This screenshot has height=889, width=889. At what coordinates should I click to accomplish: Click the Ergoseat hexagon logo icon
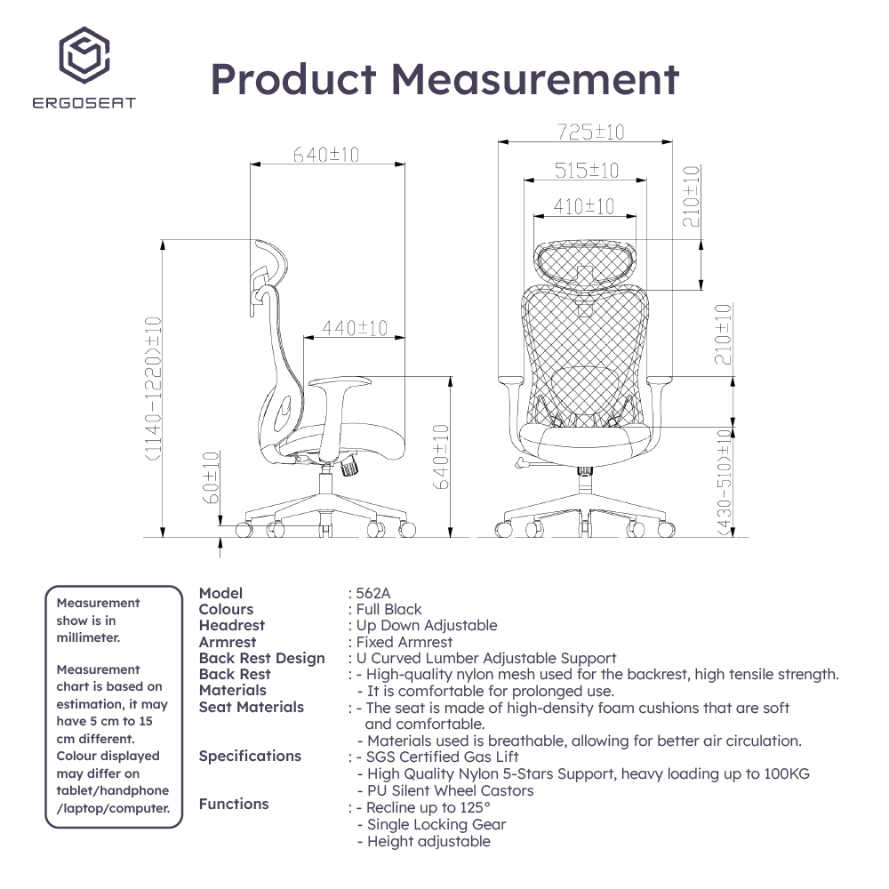point(84,55)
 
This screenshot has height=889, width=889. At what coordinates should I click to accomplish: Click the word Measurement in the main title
point(535,79)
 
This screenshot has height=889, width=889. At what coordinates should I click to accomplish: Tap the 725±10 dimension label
point(590,132)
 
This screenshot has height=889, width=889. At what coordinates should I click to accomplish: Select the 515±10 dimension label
point(586,170)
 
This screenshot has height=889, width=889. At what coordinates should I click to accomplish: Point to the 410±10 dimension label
point(583,206)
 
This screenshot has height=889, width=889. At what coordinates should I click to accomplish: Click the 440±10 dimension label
point(355,328)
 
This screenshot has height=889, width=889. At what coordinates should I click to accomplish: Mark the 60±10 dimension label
point(211,477)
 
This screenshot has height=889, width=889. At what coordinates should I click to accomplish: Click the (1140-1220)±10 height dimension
point(154,389)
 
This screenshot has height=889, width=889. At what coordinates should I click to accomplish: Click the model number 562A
point(373,593)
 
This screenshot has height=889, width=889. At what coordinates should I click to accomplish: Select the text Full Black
point(389,610)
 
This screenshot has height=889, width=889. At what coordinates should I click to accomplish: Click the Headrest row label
point(232,625)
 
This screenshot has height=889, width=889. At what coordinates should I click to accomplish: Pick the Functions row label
point(234,804)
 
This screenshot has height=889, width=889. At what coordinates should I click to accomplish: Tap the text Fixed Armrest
point(404,643)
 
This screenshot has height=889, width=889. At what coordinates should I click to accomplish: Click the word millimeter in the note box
point(88,637)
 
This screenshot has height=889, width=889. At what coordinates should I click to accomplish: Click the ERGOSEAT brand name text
point(84,102)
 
